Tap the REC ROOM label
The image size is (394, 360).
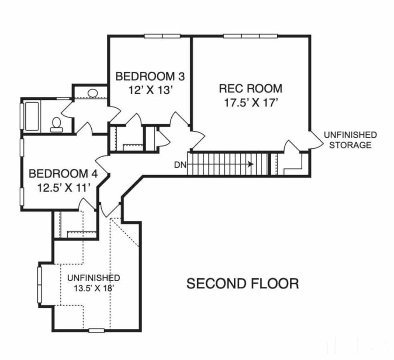click(251, 88)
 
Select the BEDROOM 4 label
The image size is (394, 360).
click(63, 174)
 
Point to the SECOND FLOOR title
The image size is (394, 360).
click(243, 284)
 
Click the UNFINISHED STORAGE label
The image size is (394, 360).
click(350, 140)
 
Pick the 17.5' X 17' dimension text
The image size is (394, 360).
click(251, 103)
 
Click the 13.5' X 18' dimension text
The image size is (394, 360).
click(93, 288)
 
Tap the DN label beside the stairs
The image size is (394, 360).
click(179, 164)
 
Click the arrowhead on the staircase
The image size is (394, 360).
click(251, 164)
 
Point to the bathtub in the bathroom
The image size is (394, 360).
click(32, 116)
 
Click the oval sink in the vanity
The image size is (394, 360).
click(93, 93)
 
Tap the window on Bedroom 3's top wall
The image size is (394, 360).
click(162, 36)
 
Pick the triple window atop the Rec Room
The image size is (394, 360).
click(250, 36)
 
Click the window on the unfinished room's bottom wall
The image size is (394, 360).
click(96, 330)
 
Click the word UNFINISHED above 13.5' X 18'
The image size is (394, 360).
click(93, 278)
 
